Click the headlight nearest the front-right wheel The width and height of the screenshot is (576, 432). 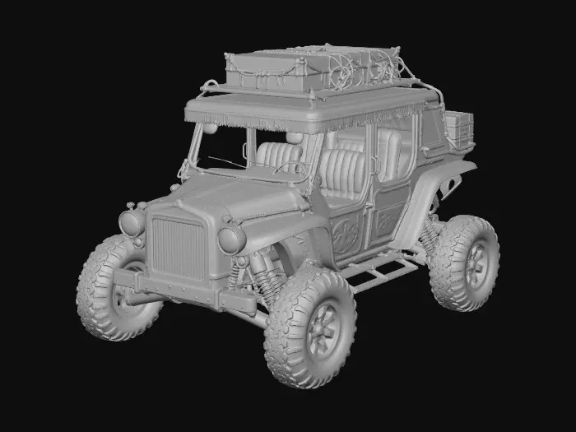[x=231, y=239]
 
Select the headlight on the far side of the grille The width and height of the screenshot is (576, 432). [x=132, y=222]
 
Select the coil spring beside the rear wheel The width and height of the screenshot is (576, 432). [x=428, y=239]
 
